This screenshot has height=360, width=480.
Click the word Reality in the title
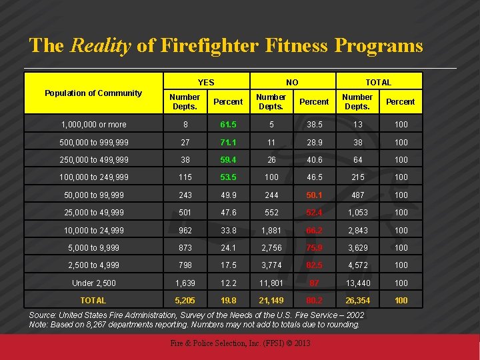point(100,46)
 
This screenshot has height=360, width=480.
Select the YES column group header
point(206,82)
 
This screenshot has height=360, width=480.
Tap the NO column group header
point(292,82)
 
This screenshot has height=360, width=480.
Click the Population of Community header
point(93,93)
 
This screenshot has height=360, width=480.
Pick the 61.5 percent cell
point(228,125)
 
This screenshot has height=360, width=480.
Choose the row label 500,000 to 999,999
point(93,143)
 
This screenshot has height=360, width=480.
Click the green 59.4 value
point(228,160)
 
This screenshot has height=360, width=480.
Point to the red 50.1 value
point(314,195)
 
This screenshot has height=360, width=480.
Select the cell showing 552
point(271,213)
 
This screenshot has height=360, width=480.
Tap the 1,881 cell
point(271,231)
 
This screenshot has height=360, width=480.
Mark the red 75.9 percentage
point(314,248)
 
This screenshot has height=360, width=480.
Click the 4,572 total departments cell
point(357,265)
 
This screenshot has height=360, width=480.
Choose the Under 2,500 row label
point(93,283)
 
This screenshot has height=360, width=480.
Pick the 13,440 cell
point(357,283)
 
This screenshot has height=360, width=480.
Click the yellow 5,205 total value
point(185,301)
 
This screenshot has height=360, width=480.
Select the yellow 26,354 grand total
point(357,301)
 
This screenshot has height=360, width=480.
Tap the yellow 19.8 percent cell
point(228,301)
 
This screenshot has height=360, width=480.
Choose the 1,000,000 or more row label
point(93,125)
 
